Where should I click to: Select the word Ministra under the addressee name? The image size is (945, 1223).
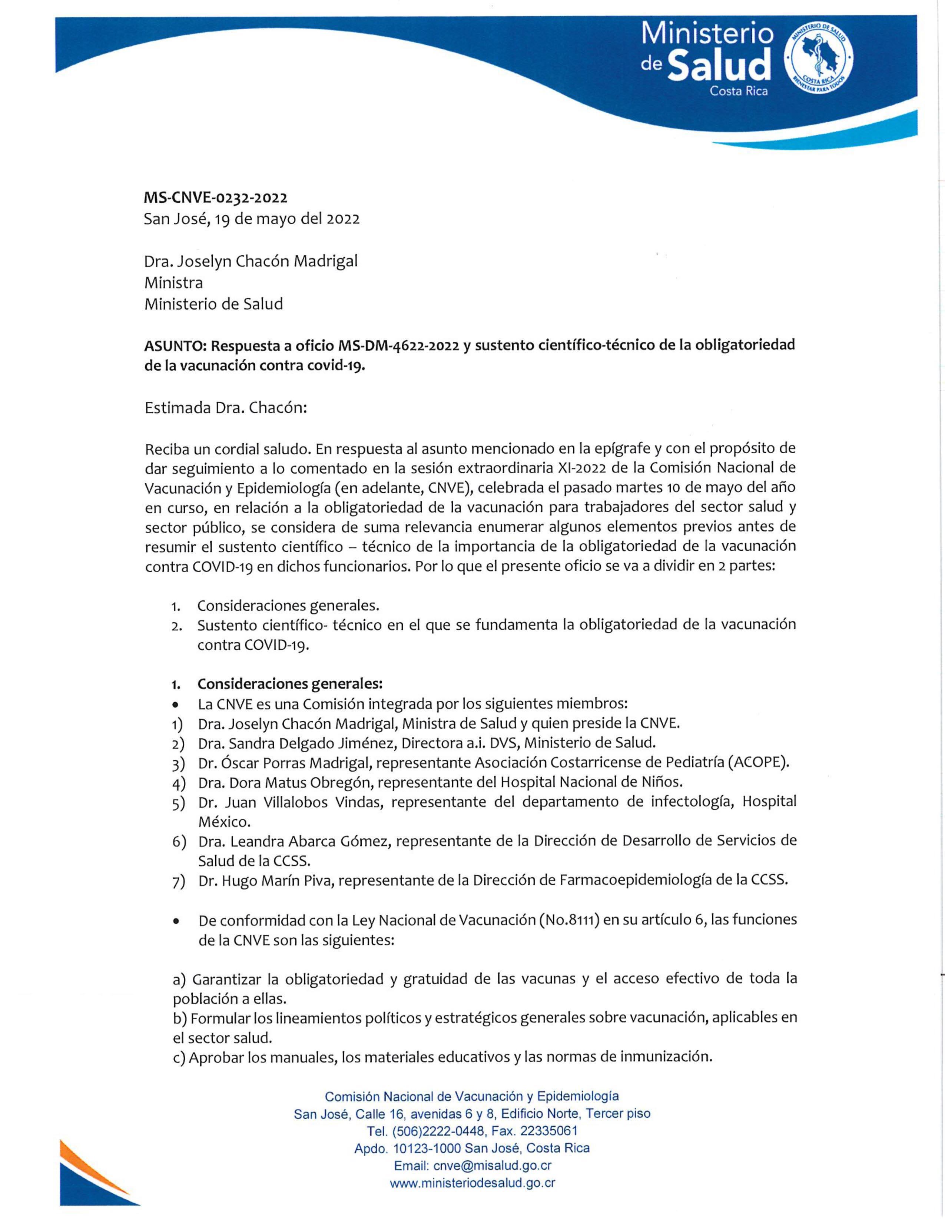(x=173, y=282)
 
